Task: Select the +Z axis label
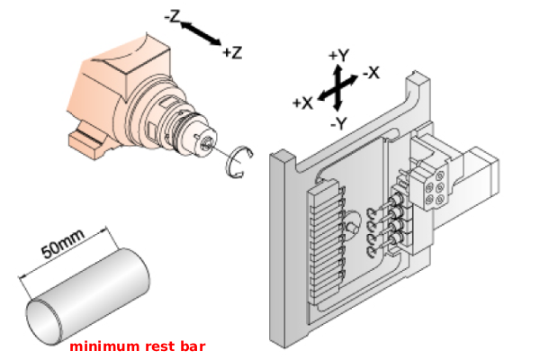tap(232, 52)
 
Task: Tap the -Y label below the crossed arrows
tap(339, 121)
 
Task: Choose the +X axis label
tap(302, 103)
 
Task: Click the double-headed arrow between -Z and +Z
tap(200, 34)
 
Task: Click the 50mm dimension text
tap(64, 243)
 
